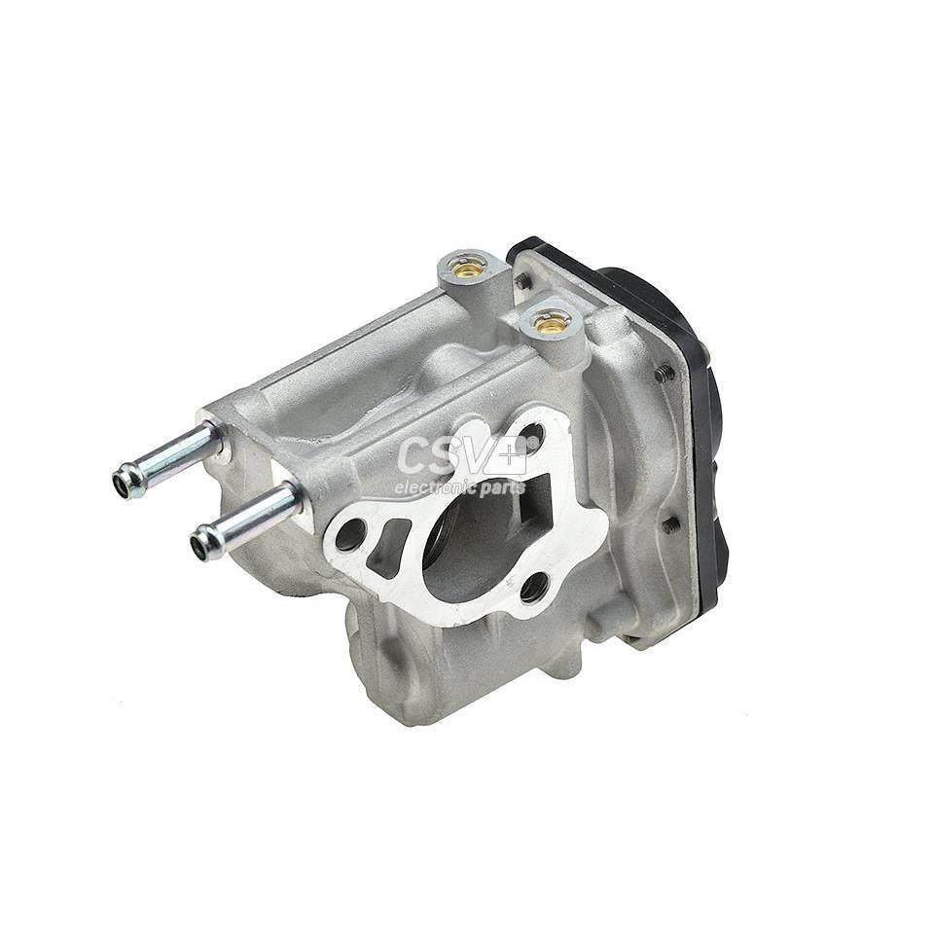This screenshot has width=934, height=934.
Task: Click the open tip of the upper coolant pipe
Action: pos(124,481)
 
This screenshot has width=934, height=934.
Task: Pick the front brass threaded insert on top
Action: pos(551,322)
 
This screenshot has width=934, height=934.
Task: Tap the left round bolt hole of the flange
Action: pos(350,534)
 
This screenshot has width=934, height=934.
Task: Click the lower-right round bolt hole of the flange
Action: pos(533,587)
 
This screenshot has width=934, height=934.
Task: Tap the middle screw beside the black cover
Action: pos(665,373)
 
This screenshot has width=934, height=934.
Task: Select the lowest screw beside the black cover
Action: pos(671,524)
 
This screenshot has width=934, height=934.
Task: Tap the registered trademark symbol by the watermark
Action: pos(534,440)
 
